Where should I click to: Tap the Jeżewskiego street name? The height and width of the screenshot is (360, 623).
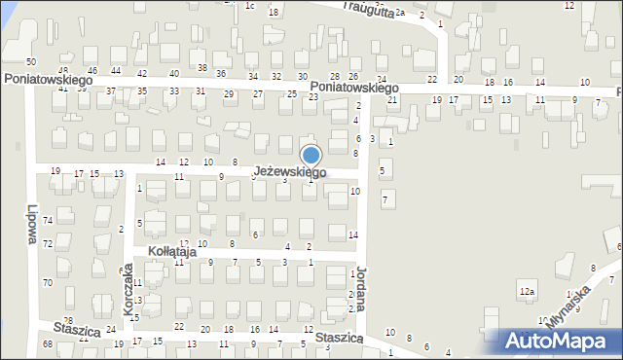290,172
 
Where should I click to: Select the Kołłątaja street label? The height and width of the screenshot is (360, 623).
172,251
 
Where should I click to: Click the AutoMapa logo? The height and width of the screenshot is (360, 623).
559,341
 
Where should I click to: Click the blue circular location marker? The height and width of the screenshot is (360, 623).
311,156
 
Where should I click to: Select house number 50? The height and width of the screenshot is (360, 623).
31,62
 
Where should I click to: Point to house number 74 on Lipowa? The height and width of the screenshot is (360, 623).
47,221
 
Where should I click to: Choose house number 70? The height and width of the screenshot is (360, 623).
47,282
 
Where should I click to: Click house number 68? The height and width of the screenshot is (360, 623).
47,344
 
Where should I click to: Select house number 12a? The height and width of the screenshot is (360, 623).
527,292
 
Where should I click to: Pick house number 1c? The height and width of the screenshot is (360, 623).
249,6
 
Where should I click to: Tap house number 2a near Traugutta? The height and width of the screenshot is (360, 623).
399,13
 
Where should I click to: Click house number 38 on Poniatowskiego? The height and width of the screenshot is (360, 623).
202,67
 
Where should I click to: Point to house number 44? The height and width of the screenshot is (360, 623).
115,71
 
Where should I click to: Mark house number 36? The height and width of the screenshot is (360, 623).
221,74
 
